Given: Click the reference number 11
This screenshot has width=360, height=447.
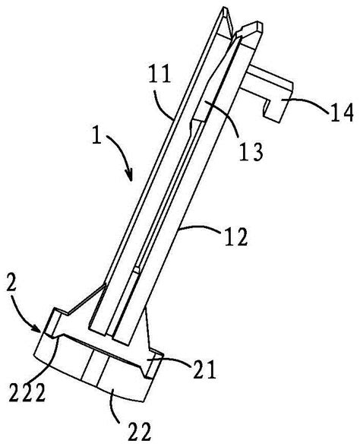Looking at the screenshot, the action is pyautogui.click(x=159, y=74).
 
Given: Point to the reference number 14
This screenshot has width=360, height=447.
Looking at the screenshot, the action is pyautogui.click(x=342, y=113).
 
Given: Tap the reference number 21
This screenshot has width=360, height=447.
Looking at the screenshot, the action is pyautogui.click(x=204, y=369).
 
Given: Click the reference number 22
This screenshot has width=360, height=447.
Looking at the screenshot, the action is pyautogui.click(x=140, y=431).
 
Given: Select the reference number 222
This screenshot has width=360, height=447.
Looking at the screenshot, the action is pyautogui.click(x=27, y=392).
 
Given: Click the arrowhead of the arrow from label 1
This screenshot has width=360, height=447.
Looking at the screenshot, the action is pyautogui.click(x=130, y=176).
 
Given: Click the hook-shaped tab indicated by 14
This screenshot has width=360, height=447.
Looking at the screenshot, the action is pyautogui.click(x=267, y=94).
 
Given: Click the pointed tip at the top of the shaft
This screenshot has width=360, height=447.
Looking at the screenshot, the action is pyautogui.click(x=224, y=8).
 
